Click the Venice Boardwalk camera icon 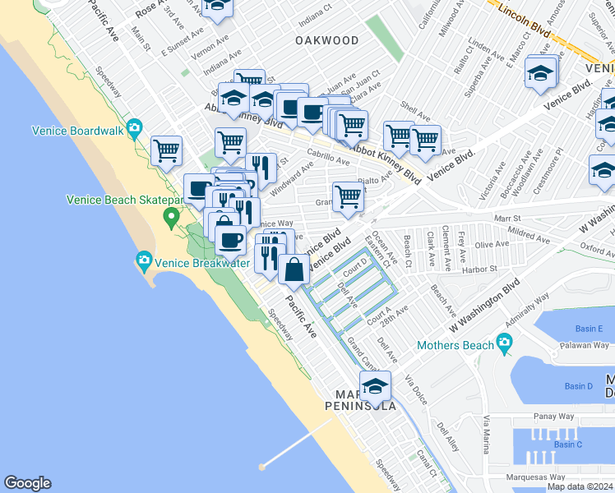tap(135, 127)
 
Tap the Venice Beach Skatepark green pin tap(171, 219)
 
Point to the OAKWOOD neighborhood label tap(327, 40)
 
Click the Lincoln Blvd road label tap(530, 17)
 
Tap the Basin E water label tap(589, 329)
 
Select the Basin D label tap(579, 386)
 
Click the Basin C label tap(567, 445)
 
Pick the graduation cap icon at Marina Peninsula tap(375, 387)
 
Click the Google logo tap(27, 483)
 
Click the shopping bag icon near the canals tap(294, 268)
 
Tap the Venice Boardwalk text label tap(76, 130)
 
